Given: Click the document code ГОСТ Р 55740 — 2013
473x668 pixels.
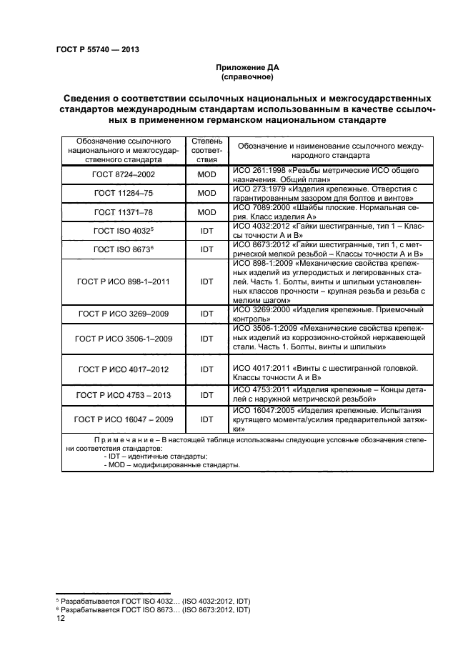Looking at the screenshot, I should pyautogui.click(x=96, y=49).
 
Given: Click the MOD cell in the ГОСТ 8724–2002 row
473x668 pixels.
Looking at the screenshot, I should pyautogui.click(x=207, y=174).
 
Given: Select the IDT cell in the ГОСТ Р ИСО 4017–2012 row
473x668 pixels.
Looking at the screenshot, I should pyautogui.click(x=207, y=369).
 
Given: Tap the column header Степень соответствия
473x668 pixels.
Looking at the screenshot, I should pyautogui.click(x=207, y=150).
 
